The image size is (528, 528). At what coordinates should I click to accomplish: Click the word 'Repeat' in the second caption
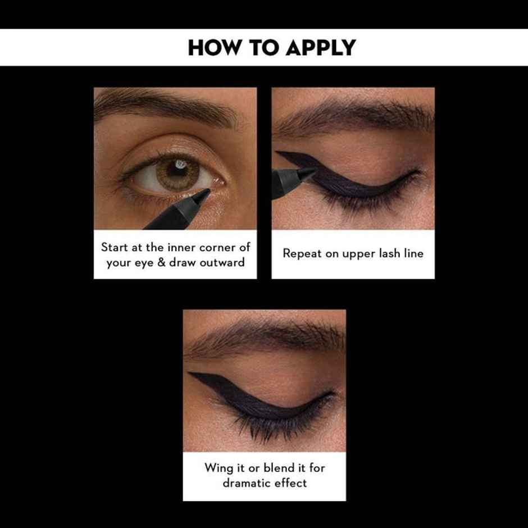(302, 253)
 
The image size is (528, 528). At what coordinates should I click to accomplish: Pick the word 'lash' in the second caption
(386, 253)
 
